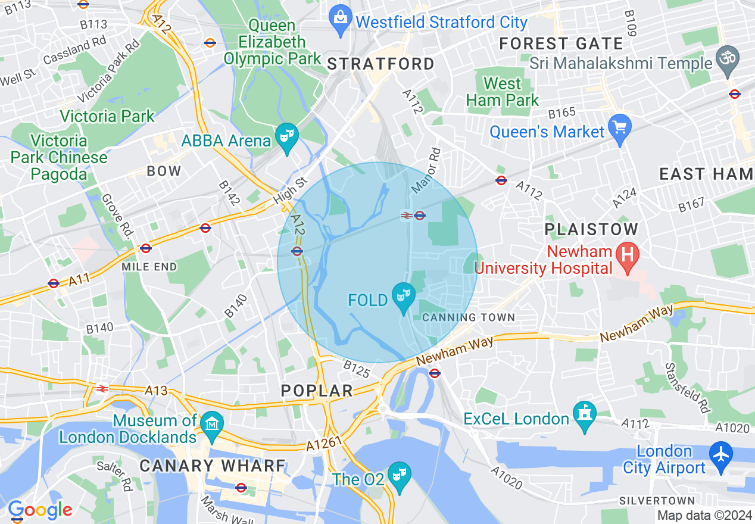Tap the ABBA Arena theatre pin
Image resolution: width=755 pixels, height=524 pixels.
point(288,138)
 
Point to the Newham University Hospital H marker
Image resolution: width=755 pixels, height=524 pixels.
point(627,256)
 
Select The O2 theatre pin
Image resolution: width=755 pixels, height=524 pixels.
point(398,475)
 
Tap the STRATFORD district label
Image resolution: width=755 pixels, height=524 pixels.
point(381,64)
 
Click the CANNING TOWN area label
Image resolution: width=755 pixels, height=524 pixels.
point(469,317)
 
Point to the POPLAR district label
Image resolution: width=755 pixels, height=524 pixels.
point(317,391)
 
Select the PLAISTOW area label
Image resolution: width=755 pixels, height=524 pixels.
point(591,229)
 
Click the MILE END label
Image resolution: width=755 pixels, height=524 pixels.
point(149,267)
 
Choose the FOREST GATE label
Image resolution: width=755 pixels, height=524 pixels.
point(561,43)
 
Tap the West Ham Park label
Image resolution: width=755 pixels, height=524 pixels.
point(503,92)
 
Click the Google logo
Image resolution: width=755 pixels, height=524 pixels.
point(40,510)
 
